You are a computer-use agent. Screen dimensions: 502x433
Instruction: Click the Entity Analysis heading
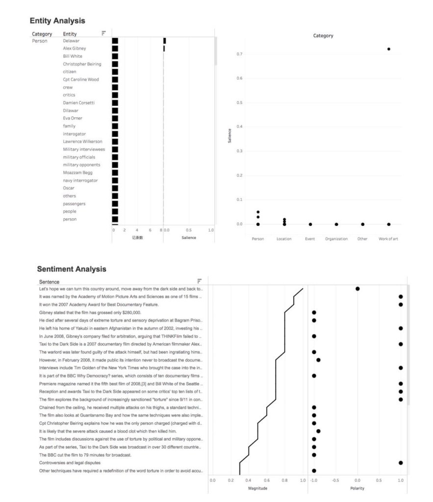coord(57,21)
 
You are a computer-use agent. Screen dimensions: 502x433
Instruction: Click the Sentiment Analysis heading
coord(72,269)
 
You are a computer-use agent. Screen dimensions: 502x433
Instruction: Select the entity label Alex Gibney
coord(74,49)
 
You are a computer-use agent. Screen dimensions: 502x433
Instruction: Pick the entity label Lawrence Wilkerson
coord(82,142)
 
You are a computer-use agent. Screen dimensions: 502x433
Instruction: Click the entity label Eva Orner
coord(73,118)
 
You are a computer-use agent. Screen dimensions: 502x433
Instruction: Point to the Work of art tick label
coord(388,239)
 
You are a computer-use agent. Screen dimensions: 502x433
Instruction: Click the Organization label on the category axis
coord(336,239)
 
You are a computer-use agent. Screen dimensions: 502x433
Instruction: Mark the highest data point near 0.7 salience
coord(388,49)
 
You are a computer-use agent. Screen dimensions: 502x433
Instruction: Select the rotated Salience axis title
coord(229,137)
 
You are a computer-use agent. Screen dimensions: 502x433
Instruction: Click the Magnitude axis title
coord(258,488)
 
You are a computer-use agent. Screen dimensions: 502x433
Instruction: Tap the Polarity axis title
coord(357,488)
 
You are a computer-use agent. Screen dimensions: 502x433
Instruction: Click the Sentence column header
coord(49,282)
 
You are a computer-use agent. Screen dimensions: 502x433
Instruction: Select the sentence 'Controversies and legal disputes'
coord(70,463)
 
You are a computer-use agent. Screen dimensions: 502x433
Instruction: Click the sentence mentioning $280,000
coord(90,312)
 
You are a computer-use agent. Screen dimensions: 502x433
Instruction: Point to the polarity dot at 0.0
coord(357,289)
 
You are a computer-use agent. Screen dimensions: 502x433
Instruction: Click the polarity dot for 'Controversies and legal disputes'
coord(401,463)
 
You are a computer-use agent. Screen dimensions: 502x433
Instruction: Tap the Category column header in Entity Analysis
coord(42,34)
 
